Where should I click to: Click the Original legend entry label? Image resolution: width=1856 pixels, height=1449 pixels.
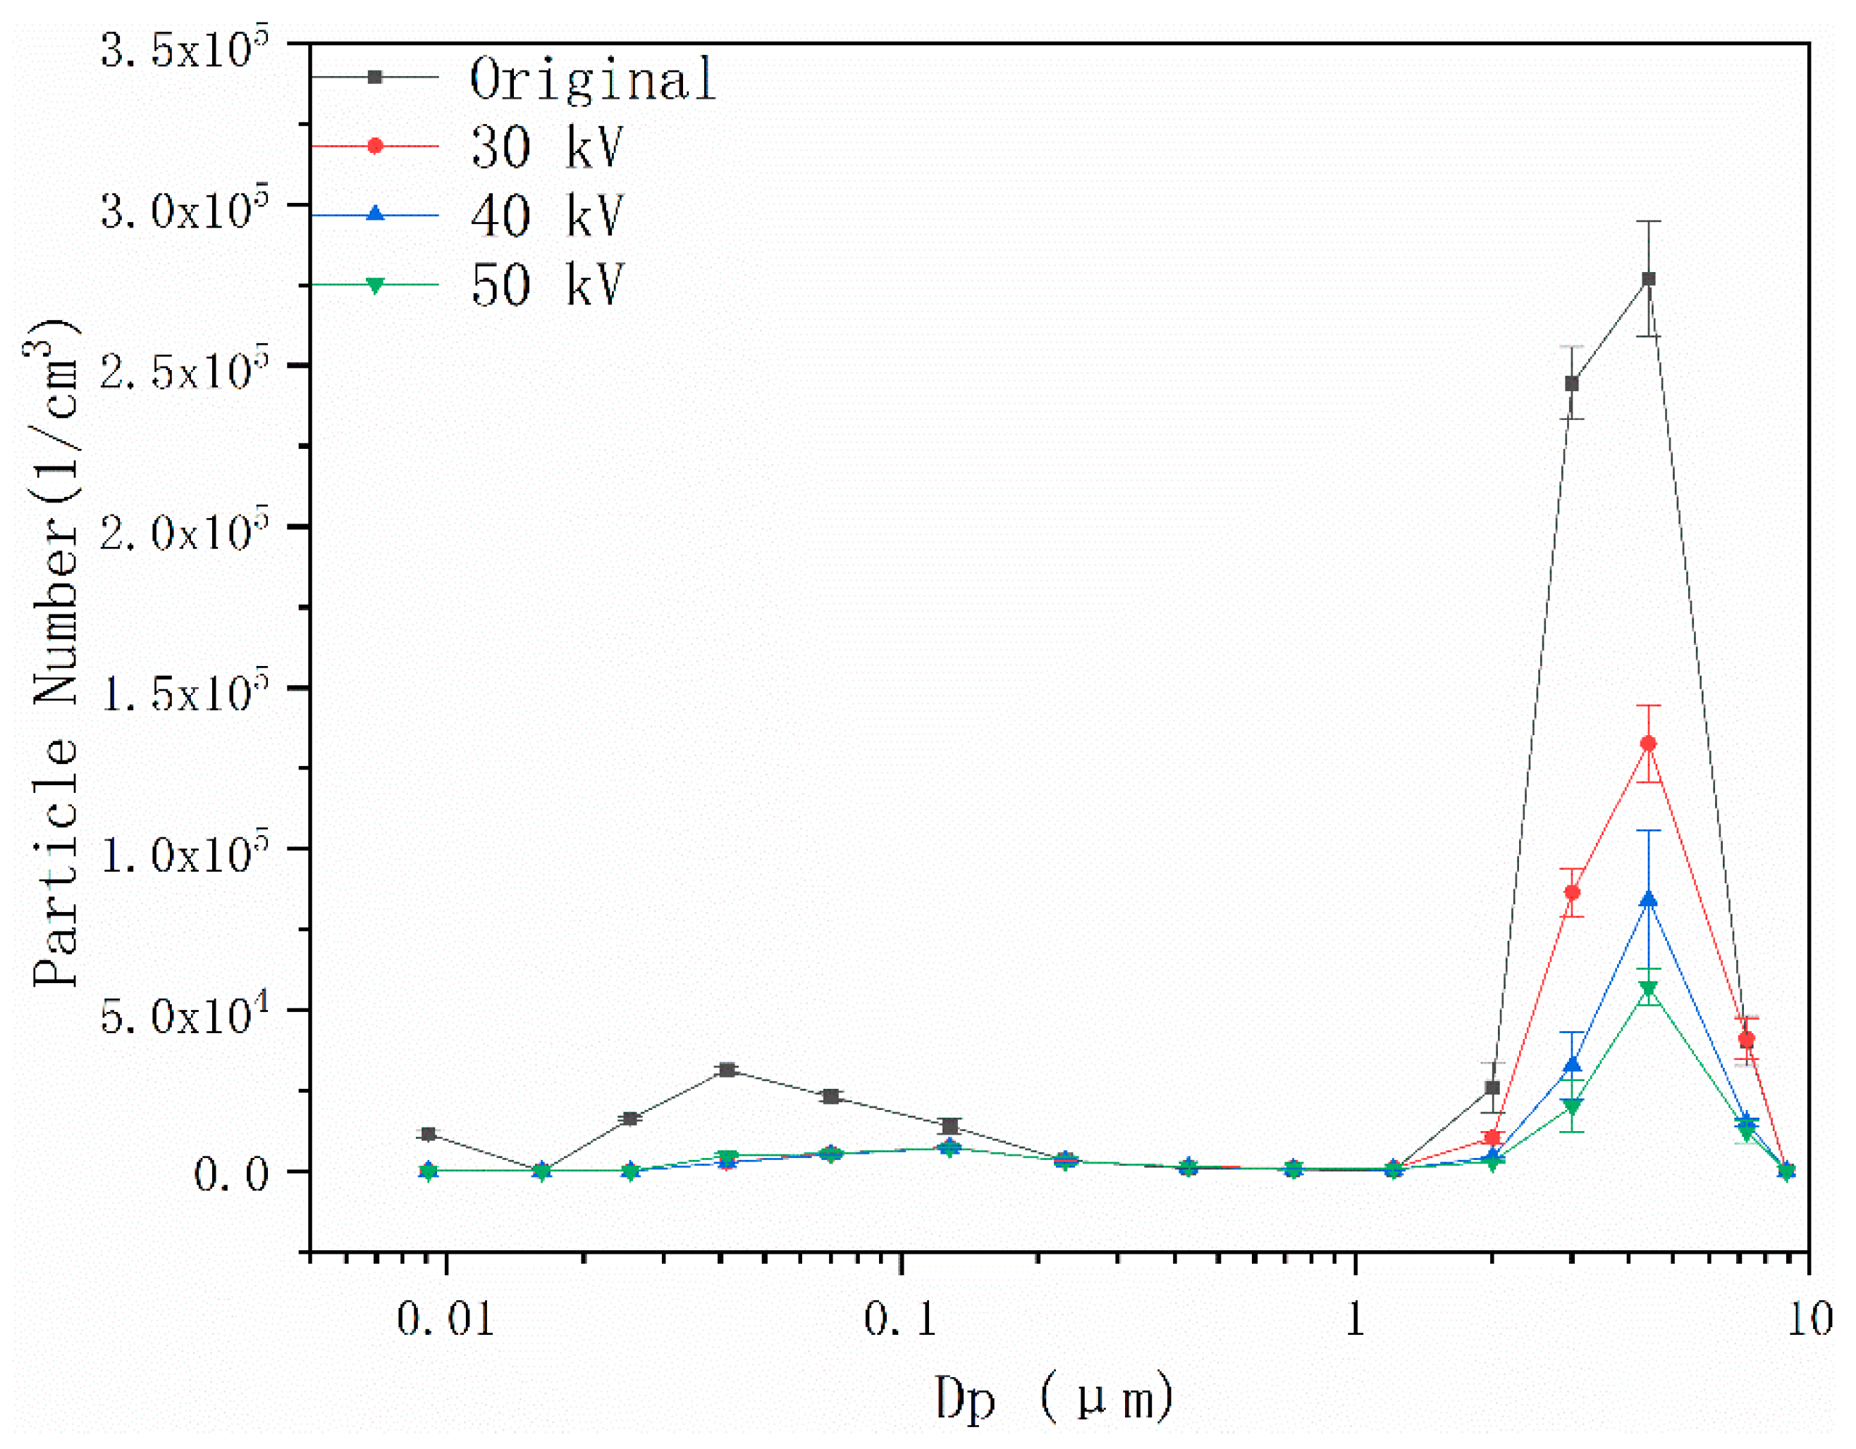(x=592, y=79)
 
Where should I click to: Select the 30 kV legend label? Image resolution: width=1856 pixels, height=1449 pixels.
(x=546, y=147)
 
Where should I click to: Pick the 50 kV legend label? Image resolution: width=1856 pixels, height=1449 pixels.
(x=546, y=285)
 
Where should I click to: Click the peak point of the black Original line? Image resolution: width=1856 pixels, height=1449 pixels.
(x=1649, y=279)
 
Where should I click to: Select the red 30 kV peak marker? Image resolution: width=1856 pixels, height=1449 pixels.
(x=1649, y=744)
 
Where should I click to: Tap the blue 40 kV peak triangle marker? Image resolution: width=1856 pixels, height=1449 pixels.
(x=1649, y=900)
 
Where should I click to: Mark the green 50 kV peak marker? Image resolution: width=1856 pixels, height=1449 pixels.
(x=1649, y=988)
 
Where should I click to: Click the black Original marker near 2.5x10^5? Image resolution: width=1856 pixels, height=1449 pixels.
(x=1572, y=383)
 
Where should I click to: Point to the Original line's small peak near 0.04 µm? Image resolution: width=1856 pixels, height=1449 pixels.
(x=727, y=1070)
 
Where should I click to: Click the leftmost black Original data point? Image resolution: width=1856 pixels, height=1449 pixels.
(x=429, y=1134)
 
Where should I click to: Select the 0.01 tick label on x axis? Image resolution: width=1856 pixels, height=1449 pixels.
(x=445, y=1320)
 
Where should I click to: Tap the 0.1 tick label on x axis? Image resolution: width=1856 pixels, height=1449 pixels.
(x=900, y=1320)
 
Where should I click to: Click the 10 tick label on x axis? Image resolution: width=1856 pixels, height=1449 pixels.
(x=1808, y=1320)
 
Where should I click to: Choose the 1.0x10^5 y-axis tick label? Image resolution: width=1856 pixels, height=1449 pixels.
(x=183, y=854)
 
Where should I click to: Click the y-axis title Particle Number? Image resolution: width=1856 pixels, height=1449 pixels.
(x=55, y=655)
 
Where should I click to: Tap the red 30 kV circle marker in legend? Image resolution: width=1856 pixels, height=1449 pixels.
(x=375, y=146)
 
